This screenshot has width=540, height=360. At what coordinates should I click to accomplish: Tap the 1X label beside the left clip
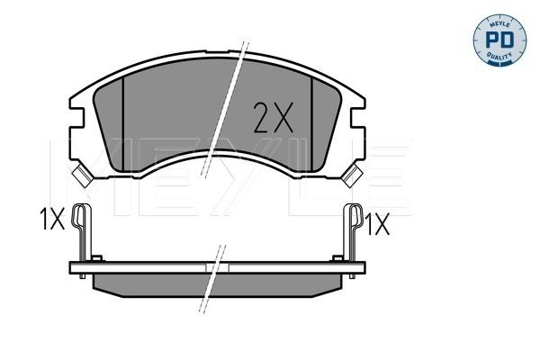pyautogui.click(x=52, y=220)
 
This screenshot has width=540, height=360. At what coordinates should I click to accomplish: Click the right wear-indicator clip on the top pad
pyautogui.click(x=349, y=175)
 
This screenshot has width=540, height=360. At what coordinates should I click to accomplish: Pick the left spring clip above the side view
pyautogui.click(x=84, y=232)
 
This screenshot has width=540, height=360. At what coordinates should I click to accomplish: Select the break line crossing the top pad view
pyautogui.click(x=236, y=99)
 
